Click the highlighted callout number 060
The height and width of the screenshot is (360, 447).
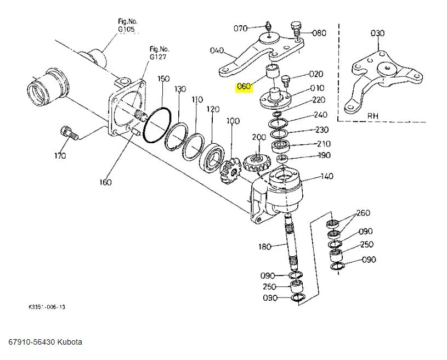[x=244, y=86]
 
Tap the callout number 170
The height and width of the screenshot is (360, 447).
[x=60, y=156]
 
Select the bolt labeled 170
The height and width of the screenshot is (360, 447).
[x=69, y=133]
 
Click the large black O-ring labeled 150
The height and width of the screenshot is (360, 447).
[x=157, y=125]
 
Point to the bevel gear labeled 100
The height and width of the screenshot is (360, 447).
[x=230, y=172]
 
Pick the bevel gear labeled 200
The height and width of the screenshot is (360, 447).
[x=255, y=164]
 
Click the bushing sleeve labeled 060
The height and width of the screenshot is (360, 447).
[x=272, y=71]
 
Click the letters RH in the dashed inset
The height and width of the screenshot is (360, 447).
[x=372, y=116]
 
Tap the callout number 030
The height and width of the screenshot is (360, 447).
[x=377, y=33]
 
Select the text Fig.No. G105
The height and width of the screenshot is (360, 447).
[x=127, y=25]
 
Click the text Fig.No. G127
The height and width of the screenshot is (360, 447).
[x=159, y=53]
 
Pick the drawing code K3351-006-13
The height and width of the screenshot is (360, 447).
[x=47, y=307]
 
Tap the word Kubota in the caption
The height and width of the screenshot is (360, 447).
[x=70, y=342]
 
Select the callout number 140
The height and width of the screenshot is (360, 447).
[x=327, y=176]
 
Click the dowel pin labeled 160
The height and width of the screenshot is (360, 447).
[x=134, y=132]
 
